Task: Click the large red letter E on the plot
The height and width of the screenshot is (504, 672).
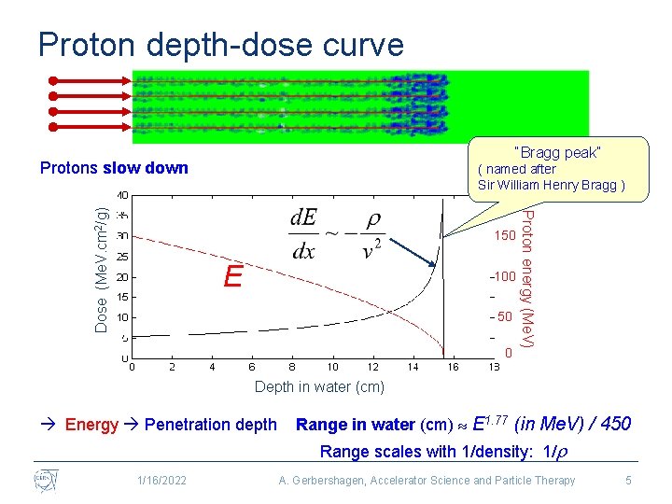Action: tap(233, 276)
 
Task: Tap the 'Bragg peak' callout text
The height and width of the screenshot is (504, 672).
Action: tap(557, 152)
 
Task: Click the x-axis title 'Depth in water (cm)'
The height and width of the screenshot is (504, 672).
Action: tap(318, 386)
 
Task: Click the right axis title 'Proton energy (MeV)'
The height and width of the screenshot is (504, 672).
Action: tap(527, 279)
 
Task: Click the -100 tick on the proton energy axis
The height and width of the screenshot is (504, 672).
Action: tap(504, 277)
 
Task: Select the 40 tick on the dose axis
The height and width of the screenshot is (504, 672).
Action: tap(122, 195)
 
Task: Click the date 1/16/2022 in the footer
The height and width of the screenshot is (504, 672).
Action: tap(161, 481)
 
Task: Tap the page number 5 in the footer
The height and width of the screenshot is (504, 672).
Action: tap(629, 481)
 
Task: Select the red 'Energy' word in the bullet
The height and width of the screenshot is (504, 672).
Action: tap(91, 425)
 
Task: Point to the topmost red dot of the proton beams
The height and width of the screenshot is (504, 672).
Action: tap(55, 79)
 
